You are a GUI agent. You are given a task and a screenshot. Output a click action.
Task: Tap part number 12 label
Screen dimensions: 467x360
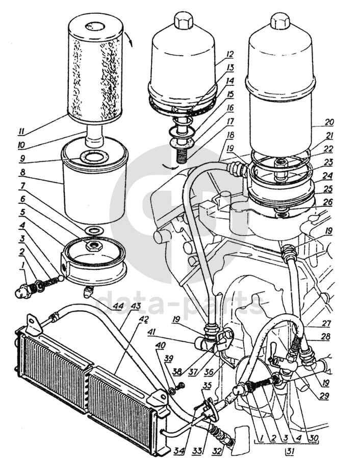coord(230,54)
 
